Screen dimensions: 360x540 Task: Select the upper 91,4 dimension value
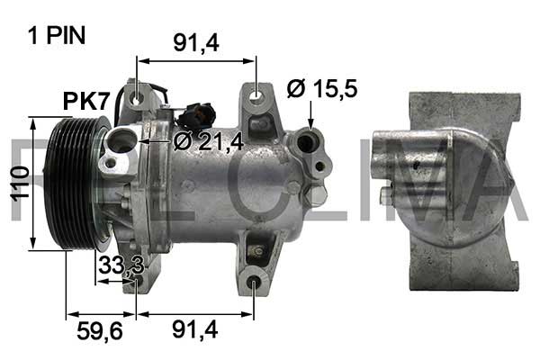tap(195, 41)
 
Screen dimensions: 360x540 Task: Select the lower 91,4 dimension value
tap(195, 330)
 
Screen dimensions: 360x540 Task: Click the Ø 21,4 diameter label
tap(209, 140)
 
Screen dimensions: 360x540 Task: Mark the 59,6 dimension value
tap(98, 330)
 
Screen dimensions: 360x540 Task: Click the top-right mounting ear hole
tap(256, 94)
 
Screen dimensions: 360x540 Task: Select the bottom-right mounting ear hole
tap(255, 284)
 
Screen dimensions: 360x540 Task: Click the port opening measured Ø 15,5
tap(310, 140)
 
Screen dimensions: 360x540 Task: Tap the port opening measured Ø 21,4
tap(123, 140)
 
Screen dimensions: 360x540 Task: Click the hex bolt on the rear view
tap(386, 197)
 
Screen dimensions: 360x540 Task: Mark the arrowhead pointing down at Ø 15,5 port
tap(310, 121)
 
